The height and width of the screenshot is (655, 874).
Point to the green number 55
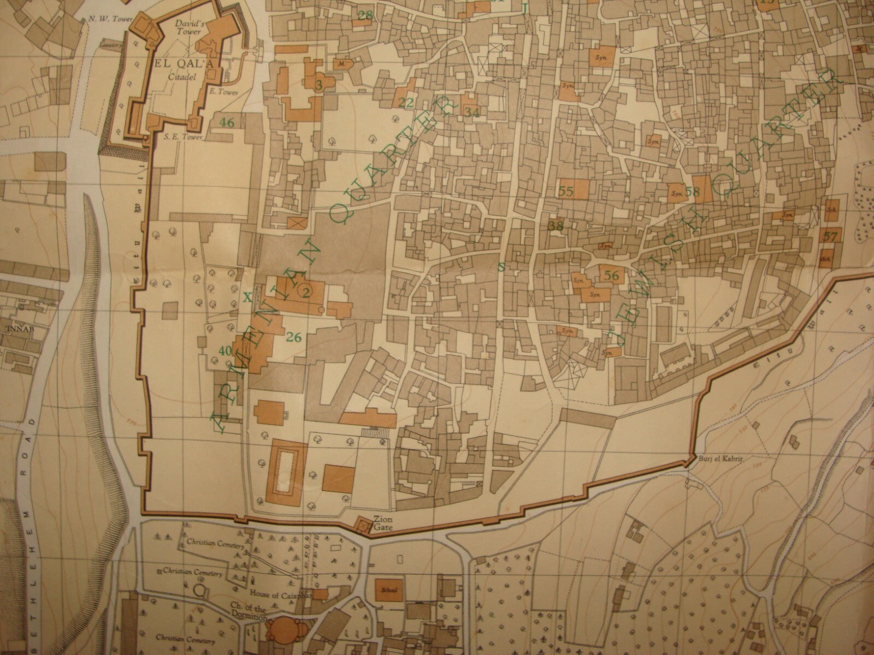click(566, 192)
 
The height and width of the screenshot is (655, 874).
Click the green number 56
click(612, 276)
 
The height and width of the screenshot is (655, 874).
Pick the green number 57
click(830, 237)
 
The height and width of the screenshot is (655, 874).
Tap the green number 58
click(693, 192)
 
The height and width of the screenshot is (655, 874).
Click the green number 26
click(294, 337)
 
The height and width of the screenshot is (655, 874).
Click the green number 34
click(473, 112)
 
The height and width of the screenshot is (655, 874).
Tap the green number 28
click(365, 15)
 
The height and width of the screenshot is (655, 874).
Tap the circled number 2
click(305, 291)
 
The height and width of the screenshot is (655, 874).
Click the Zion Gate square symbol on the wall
click(362, 526)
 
